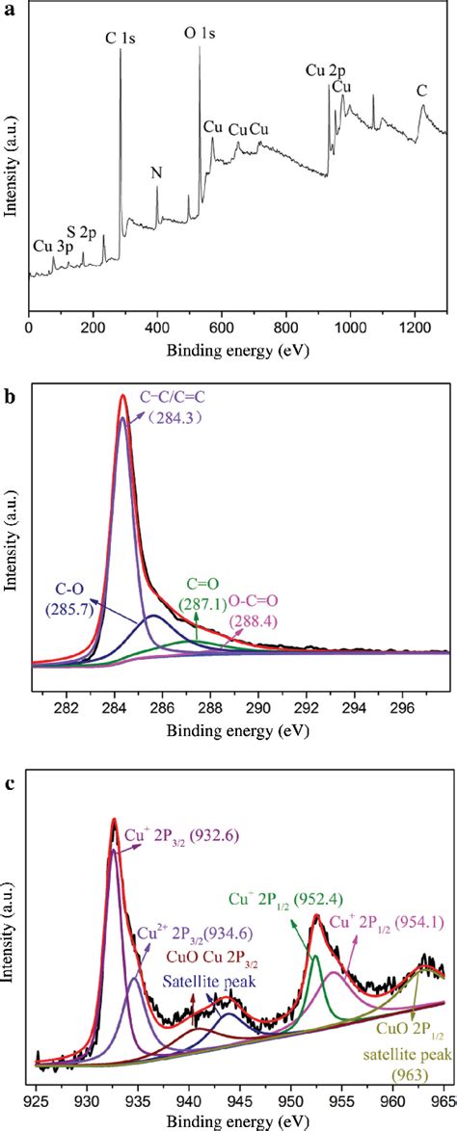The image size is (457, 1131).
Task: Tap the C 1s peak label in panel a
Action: [x=121, y=37]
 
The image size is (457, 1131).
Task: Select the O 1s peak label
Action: [x=200, y=33]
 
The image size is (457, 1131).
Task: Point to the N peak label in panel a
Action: [x=157, y=173]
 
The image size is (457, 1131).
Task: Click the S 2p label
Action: [x=82, y=233]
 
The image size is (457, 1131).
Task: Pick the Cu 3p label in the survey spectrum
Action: [x=49, y=246]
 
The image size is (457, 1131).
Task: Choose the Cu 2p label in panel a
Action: [x=322, y=69]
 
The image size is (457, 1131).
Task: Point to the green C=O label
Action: [x=198, y=584]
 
